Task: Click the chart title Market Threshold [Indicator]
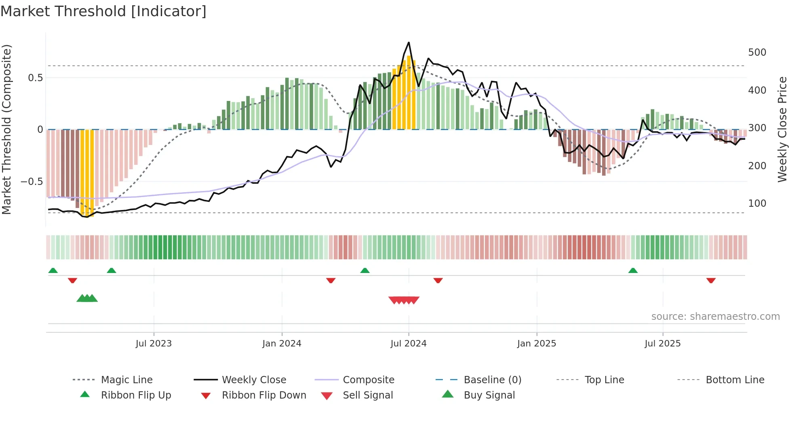pos(103,11)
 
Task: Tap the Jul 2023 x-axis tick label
pos(154,344)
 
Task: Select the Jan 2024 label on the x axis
pos(282,344)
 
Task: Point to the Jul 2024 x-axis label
pos(409,344)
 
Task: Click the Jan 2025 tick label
pos(537,344)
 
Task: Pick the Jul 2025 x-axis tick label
pos(663,344)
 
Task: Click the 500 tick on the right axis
pos(757,52)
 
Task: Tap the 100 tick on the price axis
pos(757,204)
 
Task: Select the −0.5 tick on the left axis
pos(32,182)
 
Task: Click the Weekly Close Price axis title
pos(782,129)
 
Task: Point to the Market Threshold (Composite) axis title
pos(7,129)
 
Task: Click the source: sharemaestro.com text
pos(715,317)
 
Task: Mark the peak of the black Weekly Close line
pos(409,42)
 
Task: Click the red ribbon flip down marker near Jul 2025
pos(711,280)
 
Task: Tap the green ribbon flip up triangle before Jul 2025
pos(633,271)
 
